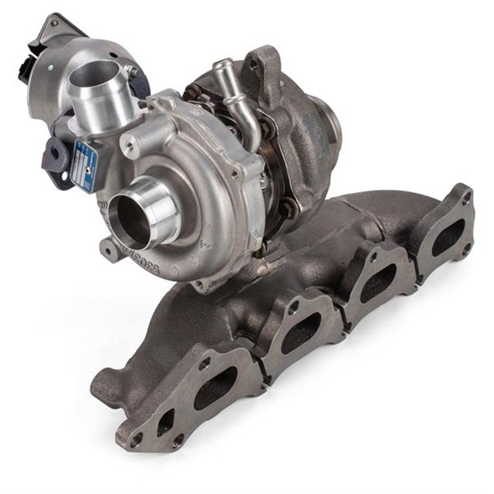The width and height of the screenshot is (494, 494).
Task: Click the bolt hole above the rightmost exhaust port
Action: click(464, 199)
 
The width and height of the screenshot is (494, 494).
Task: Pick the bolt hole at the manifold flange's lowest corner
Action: click(137, 440)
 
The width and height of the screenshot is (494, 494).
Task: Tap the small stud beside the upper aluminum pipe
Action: click(133, 73)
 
